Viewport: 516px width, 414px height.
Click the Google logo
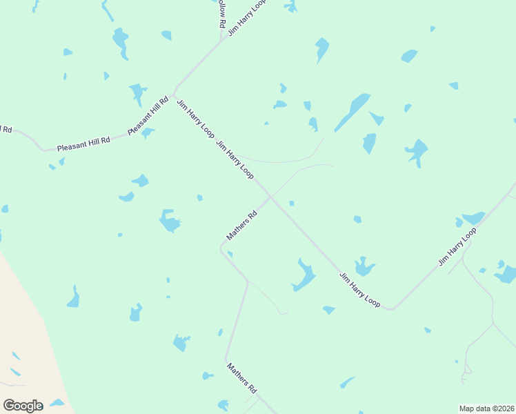click(23, 406)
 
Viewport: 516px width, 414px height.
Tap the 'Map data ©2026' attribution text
click(486, 408)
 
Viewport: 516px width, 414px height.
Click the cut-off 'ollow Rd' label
click(221, 13)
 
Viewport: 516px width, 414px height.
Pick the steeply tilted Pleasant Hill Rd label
click(148, 116)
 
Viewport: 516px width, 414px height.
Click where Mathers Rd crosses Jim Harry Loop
click(270, 197)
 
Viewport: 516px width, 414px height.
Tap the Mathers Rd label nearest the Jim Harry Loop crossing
click(241, 226)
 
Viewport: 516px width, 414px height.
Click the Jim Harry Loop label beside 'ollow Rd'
click(247, 17)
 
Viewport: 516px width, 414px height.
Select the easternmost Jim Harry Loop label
click(457, 248)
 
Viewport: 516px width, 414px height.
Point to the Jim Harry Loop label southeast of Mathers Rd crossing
click(359, 289)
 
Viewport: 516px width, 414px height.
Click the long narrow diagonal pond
click(353, 112)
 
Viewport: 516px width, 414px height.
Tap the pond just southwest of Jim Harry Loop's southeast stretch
click(304, 275)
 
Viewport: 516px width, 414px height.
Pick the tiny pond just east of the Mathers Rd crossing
click(292, 203)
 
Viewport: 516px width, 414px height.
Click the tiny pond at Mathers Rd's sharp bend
click(230, 254)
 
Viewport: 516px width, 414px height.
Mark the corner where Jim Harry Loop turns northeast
click(390, 308)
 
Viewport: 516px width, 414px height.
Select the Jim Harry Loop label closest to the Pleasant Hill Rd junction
click(195, 118)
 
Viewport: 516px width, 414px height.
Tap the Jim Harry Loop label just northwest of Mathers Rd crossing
click(235, 159)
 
